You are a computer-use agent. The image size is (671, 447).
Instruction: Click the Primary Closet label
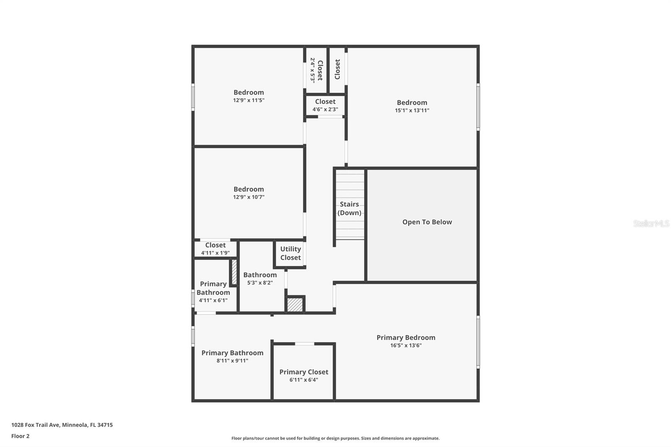304,372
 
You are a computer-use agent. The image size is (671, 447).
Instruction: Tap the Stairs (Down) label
349,208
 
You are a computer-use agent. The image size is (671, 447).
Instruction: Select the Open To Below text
427,222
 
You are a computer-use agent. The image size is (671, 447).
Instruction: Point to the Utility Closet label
290,253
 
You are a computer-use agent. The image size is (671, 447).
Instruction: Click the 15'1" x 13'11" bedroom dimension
412,111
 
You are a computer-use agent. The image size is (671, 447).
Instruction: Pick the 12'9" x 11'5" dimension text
249,101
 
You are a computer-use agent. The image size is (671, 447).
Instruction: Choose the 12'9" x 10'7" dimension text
249,197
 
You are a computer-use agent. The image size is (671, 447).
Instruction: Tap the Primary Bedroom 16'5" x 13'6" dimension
406,346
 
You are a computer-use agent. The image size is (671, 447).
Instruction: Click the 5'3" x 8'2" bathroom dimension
260,283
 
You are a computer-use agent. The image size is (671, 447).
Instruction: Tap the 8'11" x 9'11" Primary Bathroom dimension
232,361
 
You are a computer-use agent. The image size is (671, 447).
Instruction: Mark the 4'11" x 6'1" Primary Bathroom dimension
213,300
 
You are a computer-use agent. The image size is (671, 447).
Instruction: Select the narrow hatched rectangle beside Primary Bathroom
234,273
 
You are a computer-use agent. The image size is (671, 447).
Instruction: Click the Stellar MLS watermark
651,223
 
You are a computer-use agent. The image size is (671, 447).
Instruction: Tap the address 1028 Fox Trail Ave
62,425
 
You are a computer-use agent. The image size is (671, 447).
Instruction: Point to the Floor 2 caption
20,436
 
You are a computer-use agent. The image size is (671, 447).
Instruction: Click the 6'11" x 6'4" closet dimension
304,380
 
